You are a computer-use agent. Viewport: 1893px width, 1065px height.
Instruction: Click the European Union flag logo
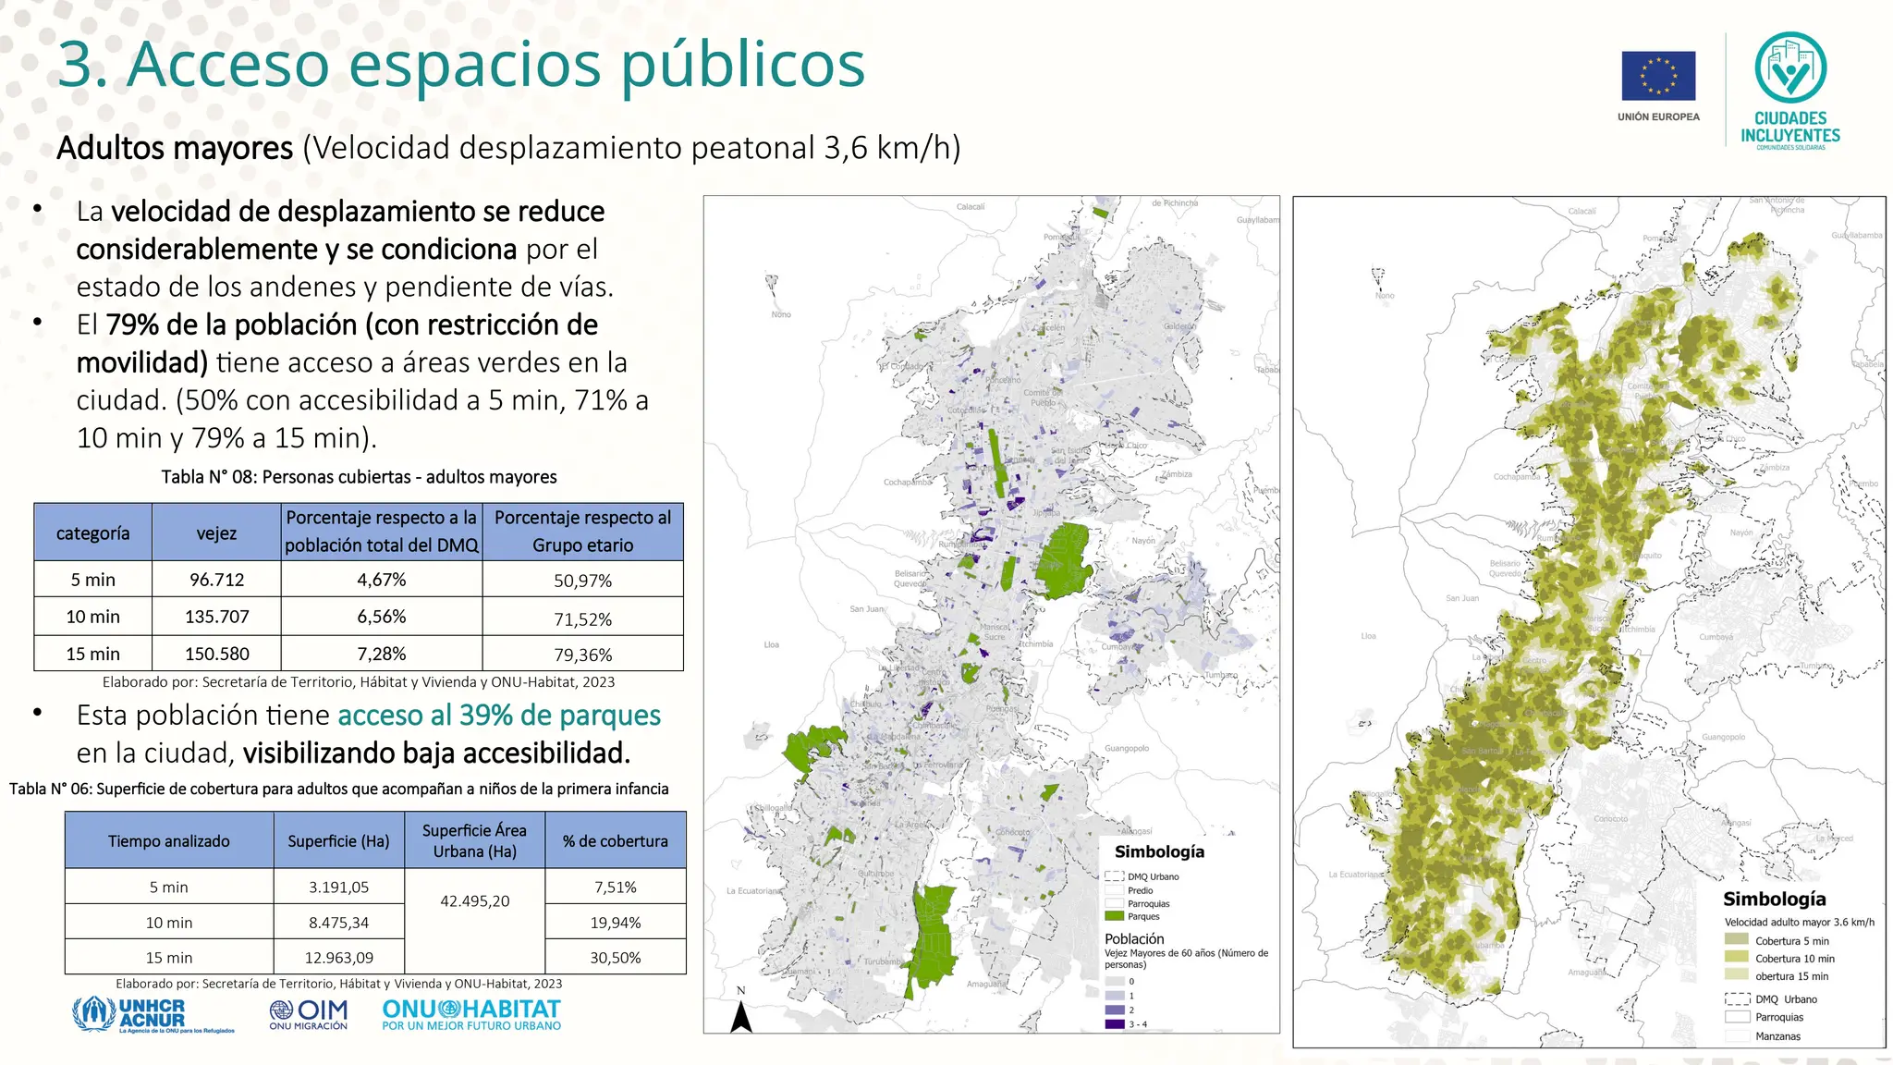[1658, 76]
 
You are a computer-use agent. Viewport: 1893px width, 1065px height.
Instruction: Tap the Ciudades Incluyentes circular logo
[1790, 67]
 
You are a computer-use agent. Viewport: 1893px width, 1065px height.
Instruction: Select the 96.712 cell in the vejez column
[216, 580]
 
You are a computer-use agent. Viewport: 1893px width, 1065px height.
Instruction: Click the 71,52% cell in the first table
[582, 618]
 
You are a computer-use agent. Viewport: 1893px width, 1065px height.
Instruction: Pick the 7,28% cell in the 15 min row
[381, 654]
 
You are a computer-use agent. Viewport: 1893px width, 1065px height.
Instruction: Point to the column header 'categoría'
[92, 533]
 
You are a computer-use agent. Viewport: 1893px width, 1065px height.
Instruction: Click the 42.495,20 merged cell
[474, 901]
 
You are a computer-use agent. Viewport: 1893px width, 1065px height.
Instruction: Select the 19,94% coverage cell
[615, 923]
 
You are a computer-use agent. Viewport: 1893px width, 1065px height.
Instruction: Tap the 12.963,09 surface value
[338, 958]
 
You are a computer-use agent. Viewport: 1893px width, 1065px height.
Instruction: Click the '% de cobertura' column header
[615, 841]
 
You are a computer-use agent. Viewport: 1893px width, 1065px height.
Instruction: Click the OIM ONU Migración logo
[309, 1014]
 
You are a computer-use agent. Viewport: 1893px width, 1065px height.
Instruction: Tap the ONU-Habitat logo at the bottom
[471, 1014]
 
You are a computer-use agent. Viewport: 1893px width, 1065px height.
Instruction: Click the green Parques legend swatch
[1114, 916]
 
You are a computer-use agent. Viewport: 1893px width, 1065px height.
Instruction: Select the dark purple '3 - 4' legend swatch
[1114, 1024]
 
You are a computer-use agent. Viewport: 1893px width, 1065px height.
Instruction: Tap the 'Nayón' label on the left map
[1143, 541]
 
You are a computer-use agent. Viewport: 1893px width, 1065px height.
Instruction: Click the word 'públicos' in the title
[743, 65]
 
